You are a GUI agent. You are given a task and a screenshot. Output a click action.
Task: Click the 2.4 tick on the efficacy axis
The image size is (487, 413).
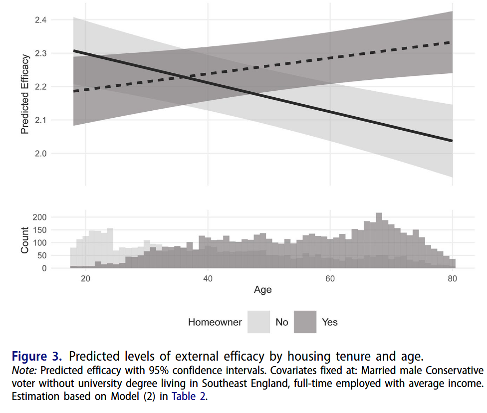[40, 20]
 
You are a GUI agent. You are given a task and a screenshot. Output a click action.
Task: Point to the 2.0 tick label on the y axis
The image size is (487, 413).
[40, 154]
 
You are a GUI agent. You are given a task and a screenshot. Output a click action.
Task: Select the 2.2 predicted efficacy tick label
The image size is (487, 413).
[40, 87]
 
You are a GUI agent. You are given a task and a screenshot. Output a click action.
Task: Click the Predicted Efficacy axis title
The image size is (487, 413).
[25, 94]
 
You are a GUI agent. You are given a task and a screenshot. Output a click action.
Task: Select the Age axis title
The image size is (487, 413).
[262, 289]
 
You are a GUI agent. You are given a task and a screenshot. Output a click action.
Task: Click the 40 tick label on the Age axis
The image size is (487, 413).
[208, 278]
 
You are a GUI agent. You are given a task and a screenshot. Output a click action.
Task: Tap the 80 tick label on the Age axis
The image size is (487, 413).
[452, 278]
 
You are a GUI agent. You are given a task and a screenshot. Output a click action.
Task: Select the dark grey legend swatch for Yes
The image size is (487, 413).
[305, 322]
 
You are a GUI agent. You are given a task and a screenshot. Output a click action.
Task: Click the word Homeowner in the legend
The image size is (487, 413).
[215, 322]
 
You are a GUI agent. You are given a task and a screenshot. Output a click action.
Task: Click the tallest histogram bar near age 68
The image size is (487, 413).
[379, 239]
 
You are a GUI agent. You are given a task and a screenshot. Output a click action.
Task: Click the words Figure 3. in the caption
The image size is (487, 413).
[37, 357]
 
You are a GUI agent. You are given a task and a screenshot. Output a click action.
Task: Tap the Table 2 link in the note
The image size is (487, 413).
[189, 397]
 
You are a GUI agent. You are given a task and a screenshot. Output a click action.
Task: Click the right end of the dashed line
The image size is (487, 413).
[452, 42]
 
